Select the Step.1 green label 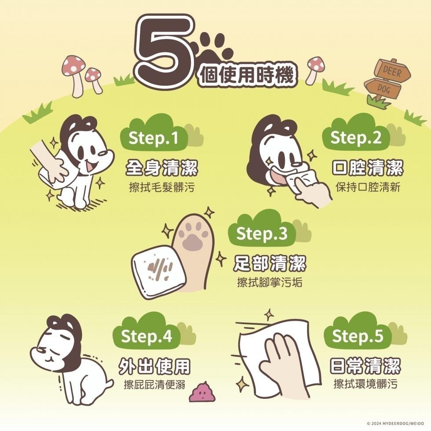(154, 139)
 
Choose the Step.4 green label (146, 336)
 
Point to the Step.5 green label (358, 336)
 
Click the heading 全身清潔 (161, 168)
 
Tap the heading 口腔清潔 (367, 168)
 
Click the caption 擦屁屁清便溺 (154, 386)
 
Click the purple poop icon (202, 391)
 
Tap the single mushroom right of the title (315, 68)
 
